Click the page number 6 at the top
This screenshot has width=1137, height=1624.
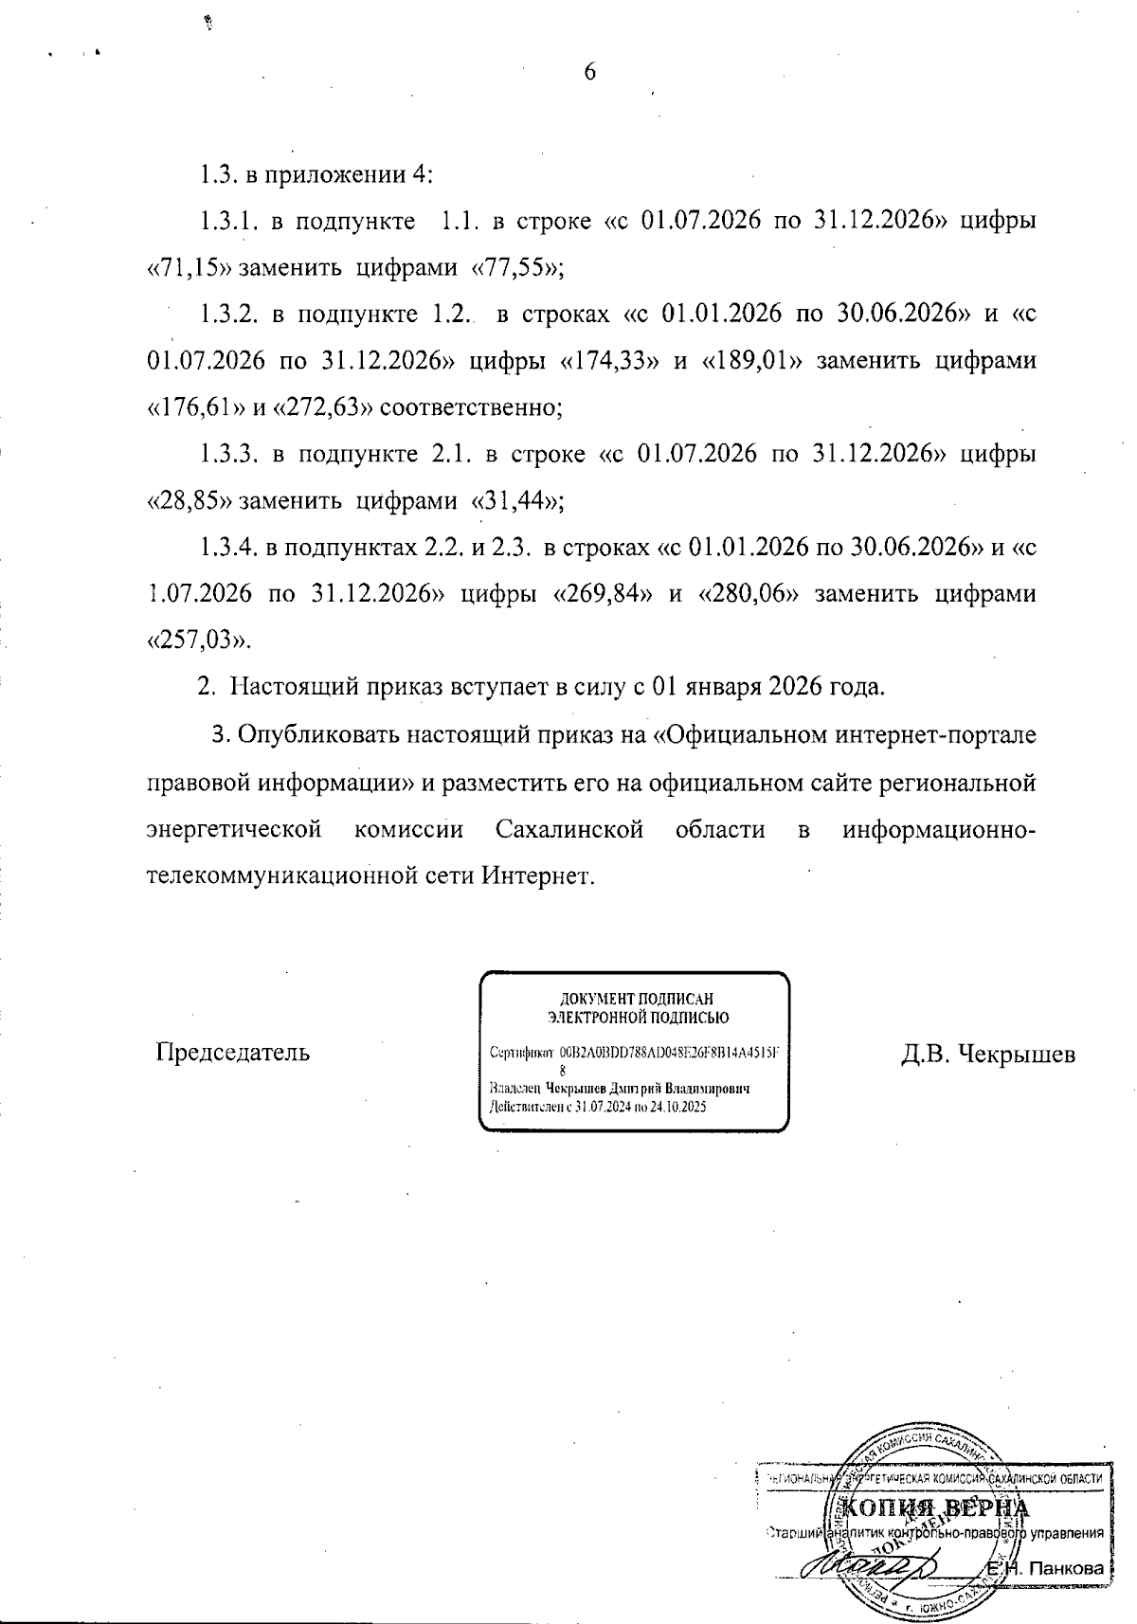pos(589,73)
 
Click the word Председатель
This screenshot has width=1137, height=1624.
pos(232,1053)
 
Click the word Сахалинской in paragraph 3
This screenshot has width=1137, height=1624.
pos(569,831)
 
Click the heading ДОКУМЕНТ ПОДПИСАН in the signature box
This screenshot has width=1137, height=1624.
pos(635,999)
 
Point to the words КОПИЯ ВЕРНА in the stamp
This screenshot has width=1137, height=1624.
pos(933,1510)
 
